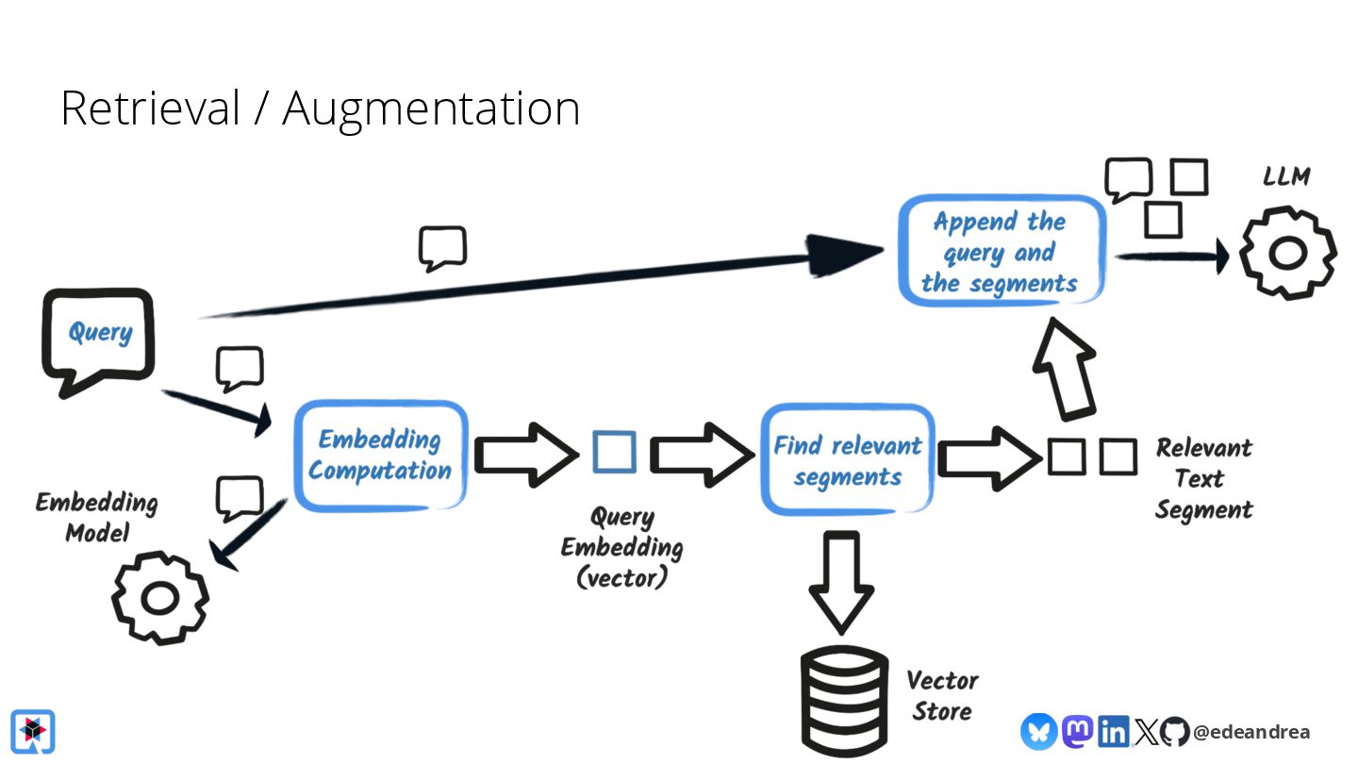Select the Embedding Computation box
coord(381,456)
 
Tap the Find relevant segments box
coord(848,459)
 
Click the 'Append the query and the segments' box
coord(1002,251)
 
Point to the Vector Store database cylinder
coord(845,700)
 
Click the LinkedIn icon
coord(1113,731)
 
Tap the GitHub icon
coord(1174,731)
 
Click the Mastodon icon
coord(1077,731)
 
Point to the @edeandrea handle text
coord(1251,732)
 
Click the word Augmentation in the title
coord(431,109)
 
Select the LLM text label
coord(1286,176)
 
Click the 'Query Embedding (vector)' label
coord(622,547)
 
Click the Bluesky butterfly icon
coord(1039,731)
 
